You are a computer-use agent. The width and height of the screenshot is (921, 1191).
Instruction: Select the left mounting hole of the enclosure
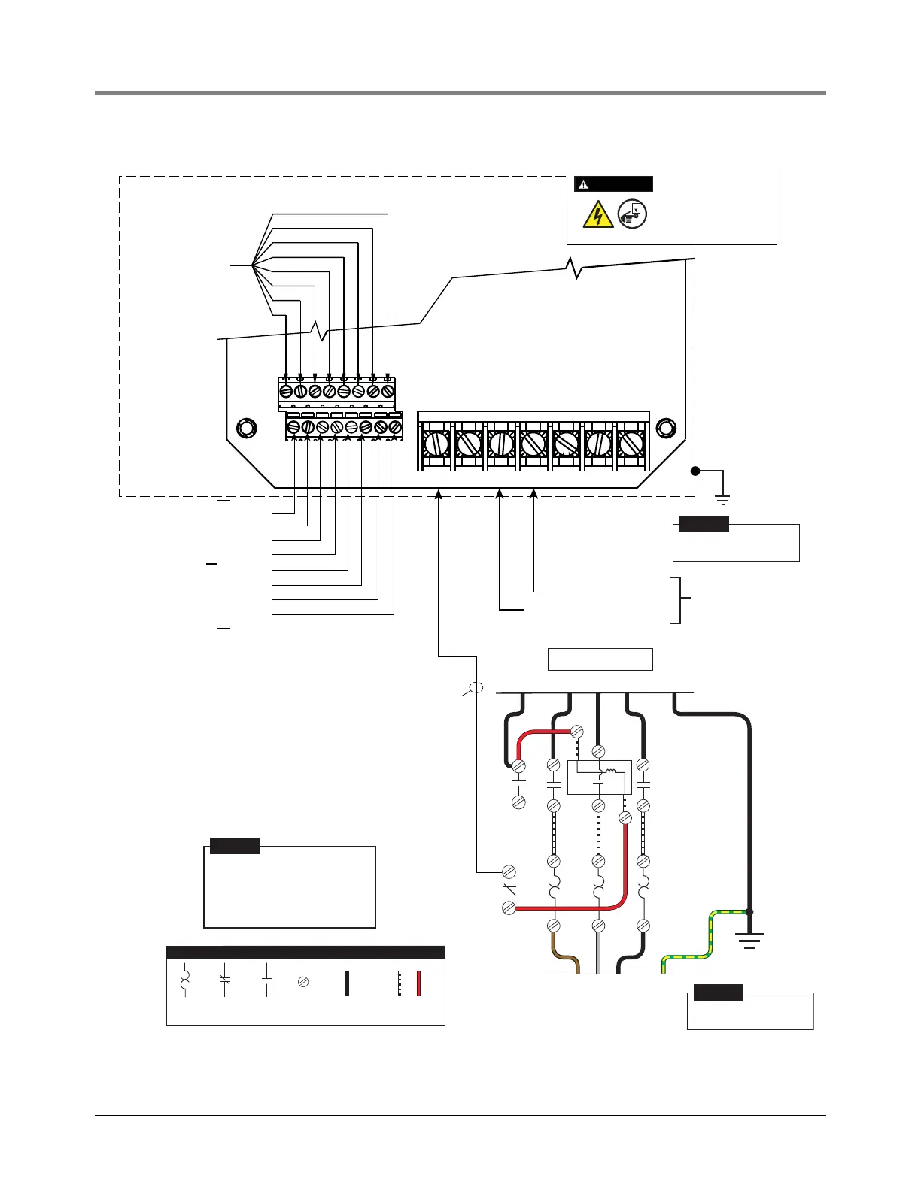pos(246,429)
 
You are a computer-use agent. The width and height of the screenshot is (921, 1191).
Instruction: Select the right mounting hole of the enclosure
pos(666,429)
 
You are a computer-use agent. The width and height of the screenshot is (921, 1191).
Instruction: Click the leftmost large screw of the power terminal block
pos(436,444)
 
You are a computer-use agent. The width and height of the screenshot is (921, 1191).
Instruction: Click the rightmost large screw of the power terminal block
pos(631,444)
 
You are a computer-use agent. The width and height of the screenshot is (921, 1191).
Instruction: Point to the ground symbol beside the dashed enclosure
pos(723,499)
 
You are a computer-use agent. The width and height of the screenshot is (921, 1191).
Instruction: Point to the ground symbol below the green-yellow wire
pos(749,940)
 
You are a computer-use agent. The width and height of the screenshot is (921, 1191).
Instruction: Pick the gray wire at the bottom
pos(599,955)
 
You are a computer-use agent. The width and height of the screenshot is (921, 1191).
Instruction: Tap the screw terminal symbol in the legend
pos(303,982)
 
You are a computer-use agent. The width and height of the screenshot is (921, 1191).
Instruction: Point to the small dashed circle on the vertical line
pos(476,686)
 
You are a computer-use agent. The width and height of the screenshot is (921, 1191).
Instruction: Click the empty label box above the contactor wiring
pos(600,659)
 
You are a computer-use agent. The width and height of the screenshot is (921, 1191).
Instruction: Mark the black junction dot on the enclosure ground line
pos(696,471)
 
